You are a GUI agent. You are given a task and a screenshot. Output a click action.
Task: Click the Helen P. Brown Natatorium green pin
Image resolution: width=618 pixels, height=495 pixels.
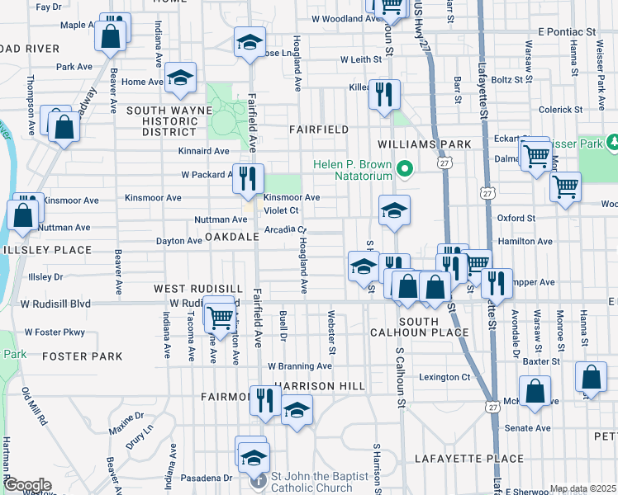click(x=404, y=170)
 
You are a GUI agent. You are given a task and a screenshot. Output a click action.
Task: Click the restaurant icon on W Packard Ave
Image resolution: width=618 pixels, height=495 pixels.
click(x=248, y=178)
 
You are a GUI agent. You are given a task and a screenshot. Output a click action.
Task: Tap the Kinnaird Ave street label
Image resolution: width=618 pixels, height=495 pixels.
click(x=203, y=151)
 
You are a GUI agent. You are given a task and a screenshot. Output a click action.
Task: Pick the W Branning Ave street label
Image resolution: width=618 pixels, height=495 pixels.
click(x=299, y=366)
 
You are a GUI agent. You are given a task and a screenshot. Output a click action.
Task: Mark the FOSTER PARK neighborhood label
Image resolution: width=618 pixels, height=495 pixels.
click(x=82, y=356)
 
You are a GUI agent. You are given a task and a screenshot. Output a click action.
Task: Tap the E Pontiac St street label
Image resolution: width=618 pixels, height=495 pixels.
click(x=566, y=31)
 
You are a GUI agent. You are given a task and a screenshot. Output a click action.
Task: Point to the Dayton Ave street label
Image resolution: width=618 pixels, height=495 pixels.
click(x=179, y=241)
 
